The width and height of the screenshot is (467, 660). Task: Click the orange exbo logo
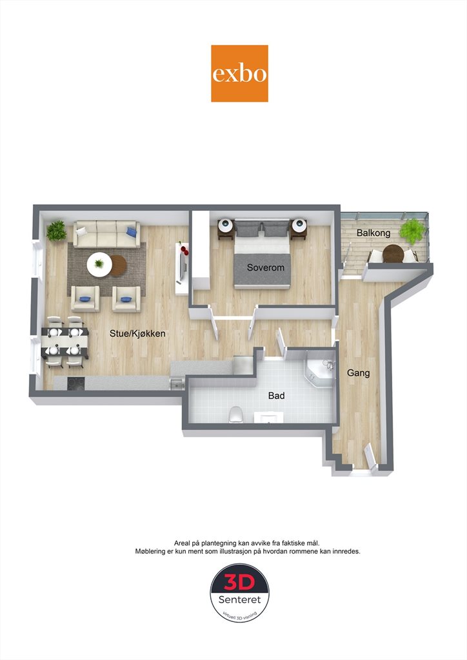[239, 73]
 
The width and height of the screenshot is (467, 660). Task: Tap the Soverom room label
[265, 267]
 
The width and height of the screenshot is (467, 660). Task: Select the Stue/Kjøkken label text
[137, 333]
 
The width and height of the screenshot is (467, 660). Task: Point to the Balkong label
[373, 233]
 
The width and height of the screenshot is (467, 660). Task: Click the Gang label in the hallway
[359, 373]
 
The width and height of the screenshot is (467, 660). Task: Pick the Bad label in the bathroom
[276, 396]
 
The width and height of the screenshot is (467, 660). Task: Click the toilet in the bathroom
[235, 414]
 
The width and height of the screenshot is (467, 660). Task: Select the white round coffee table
[99, 264]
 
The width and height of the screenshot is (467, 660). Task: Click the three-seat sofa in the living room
[106, 234]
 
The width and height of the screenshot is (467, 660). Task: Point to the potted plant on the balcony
[411, 231]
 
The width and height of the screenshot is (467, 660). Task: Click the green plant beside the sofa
[56, 231]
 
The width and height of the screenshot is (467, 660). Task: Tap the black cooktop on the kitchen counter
[76, 383]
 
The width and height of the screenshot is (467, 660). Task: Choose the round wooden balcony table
[393, 253]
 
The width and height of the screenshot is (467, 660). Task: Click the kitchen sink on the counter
[177, 383]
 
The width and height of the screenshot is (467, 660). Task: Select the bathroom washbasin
[268, 417]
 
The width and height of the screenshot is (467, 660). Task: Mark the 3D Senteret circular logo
[239, 594]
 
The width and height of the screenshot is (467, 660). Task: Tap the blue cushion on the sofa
[132, 231]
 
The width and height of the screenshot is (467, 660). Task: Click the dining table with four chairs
[65, 342]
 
